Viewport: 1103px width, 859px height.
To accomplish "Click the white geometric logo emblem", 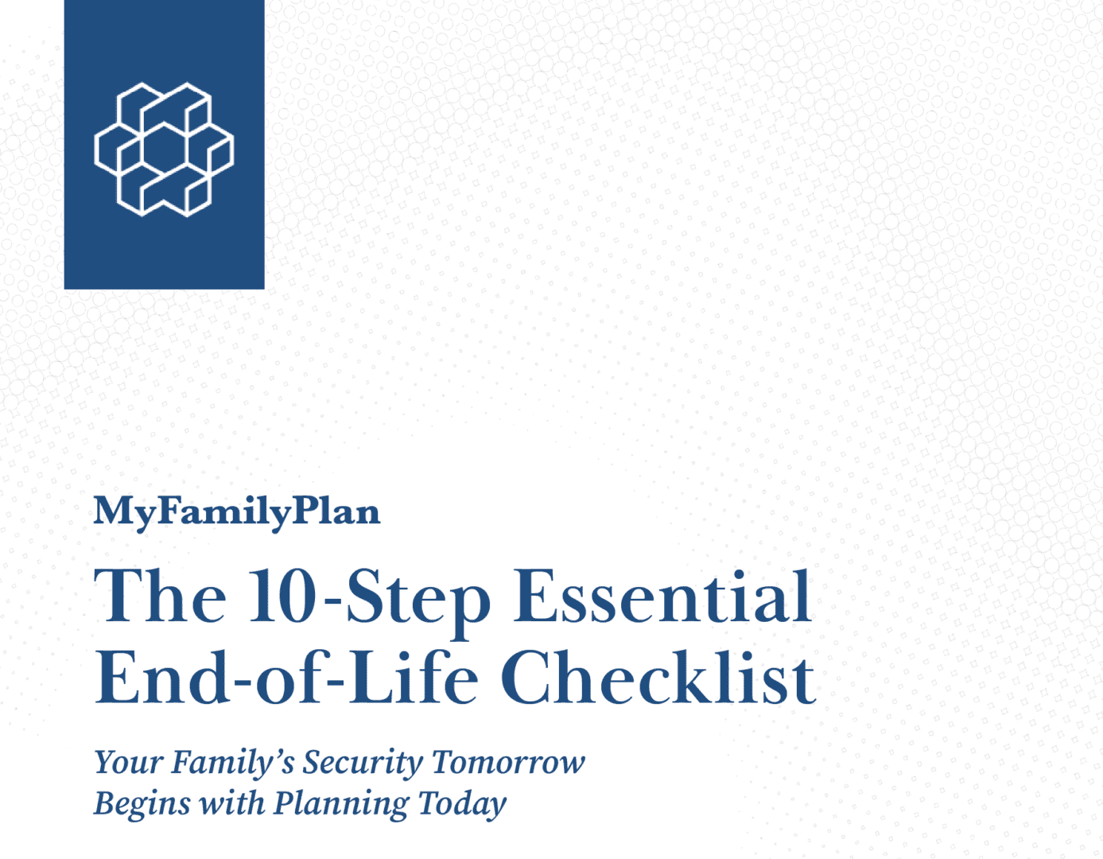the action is pyautogui.click(x=164, y=150).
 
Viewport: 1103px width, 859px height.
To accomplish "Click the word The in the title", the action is pyautogui.click(x=160, y=596).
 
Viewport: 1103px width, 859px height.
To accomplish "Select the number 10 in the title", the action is pyautogui.click(x=282, y=596).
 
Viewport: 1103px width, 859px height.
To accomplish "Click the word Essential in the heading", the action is pyautogui.click(x=662, y=596).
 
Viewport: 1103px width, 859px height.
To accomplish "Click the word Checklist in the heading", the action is pyautogui.click(x=658, y=677).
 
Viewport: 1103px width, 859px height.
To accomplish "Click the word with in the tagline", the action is pyautogui.click(x=231, y=803).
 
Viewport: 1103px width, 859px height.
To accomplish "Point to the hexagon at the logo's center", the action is pyautogui.click(x=164, y=150).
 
